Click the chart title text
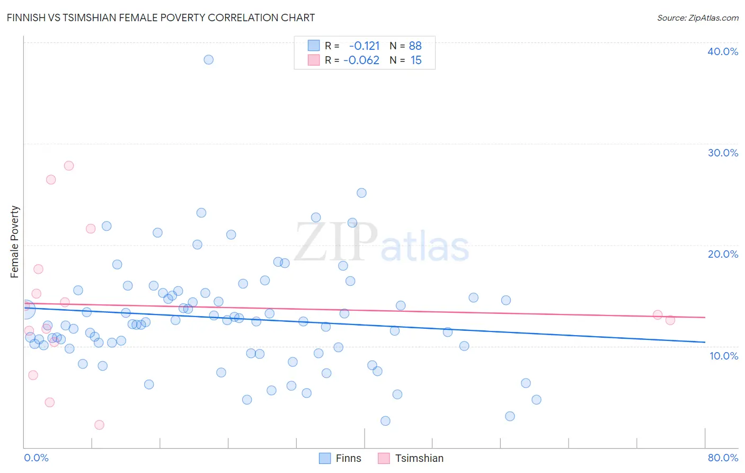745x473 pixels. pyautogui.click(x=161, y=18)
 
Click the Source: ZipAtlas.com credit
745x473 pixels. pyautogui.click(x=697, y=18)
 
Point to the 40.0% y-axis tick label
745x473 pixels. pyautogui.click(x=723, y=51)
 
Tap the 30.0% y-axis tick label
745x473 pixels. pyautogui.click(x=723, y=153)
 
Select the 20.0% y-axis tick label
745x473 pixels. pyautogui.click(x=723, y=254)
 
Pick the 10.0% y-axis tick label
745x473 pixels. pyautogui.click(x=724, y=356)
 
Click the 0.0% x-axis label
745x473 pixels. pyautogui.click(x=36, y=458)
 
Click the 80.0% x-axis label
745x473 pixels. pyautogui.click(x=723, y=458)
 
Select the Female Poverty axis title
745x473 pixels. pyautogui.click(x=15, y=242)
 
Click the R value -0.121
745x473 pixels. pyautogui.click(x=364, y=46)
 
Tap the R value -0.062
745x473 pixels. pyautogui.click(x=361, y=60)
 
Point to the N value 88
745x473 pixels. pyautogui.click(x=415, y=46)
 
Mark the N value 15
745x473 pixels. pyautogui.click(x=416, y=60)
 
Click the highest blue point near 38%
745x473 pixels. pyautogui.click(x=209, y=59)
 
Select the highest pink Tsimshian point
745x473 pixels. pyautogui.click(x=69, y=165)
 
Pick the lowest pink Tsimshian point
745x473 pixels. pyautogui.click(x=99, y=425)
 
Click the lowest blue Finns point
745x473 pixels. pyautogui.click(x=385, y=421)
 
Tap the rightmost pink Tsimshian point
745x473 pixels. pyautogui.click(x=670, y=320)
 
